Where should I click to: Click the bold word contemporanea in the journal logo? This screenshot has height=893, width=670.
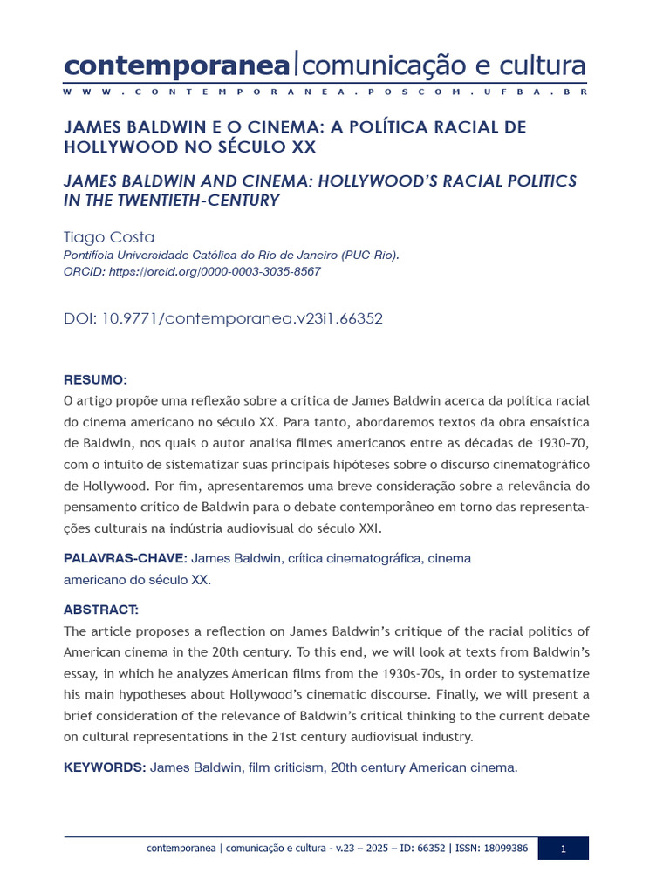tap(176, 65)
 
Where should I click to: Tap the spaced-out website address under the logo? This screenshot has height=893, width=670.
tap(325, 92)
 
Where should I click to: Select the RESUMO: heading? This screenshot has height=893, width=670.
tap(95, 380)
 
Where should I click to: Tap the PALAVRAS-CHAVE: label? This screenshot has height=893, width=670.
tap(125, 558)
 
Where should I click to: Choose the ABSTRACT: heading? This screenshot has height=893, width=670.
tap(100, 610)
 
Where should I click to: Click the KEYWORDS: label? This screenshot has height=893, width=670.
tap(105, 767)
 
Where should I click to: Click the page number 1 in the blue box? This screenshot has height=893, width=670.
tap(563, 849)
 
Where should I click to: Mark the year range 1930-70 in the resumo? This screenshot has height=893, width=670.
tap(563, 442)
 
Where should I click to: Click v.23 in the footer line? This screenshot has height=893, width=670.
tap(349, 849)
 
